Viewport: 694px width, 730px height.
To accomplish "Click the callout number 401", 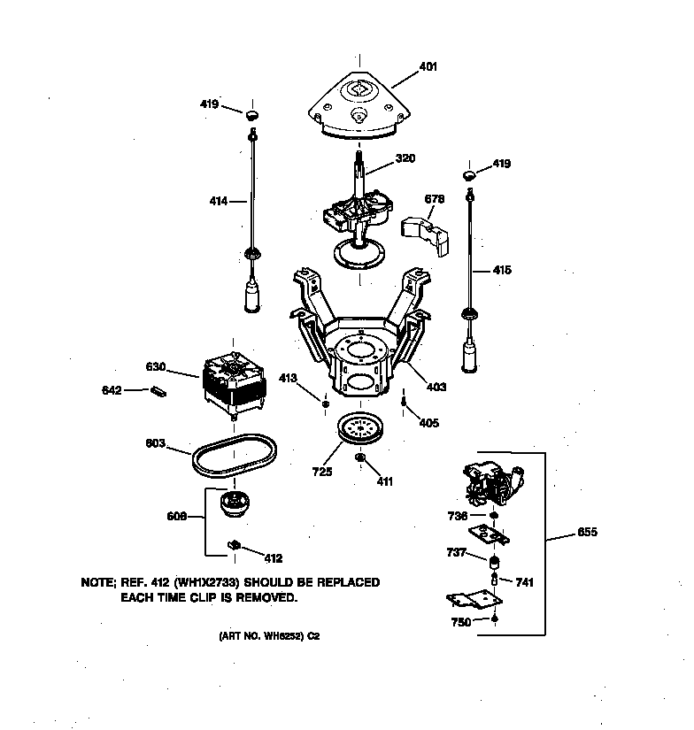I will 428,66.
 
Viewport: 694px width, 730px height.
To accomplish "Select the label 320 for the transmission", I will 405,159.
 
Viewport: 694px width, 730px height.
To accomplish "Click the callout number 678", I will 434,199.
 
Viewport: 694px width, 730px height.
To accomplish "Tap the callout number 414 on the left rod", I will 216,202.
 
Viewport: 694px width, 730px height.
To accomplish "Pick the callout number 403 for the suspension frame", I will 437,387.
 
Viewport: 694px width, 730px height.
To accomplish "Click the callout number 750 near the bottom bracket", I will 461,622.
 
